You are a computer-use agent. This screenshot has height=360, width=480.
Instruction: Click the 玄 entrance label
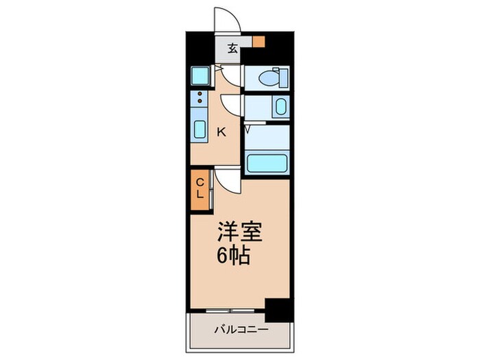(233, 48)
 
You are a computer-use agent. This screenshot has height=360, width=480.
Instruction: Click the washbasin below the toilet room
(280, 108)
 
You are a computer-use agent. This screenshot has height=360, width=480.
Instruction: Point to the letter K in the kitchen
(221, 132)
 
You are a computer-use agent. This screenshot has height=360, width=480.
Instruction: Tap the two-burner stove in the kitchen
(200, 100)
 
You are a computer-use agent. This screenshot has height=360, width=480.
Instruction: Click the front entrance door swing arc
(228, 19)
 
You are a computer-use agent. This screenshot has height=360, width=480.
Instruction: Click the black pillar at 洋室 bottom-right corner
(278, 310)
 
